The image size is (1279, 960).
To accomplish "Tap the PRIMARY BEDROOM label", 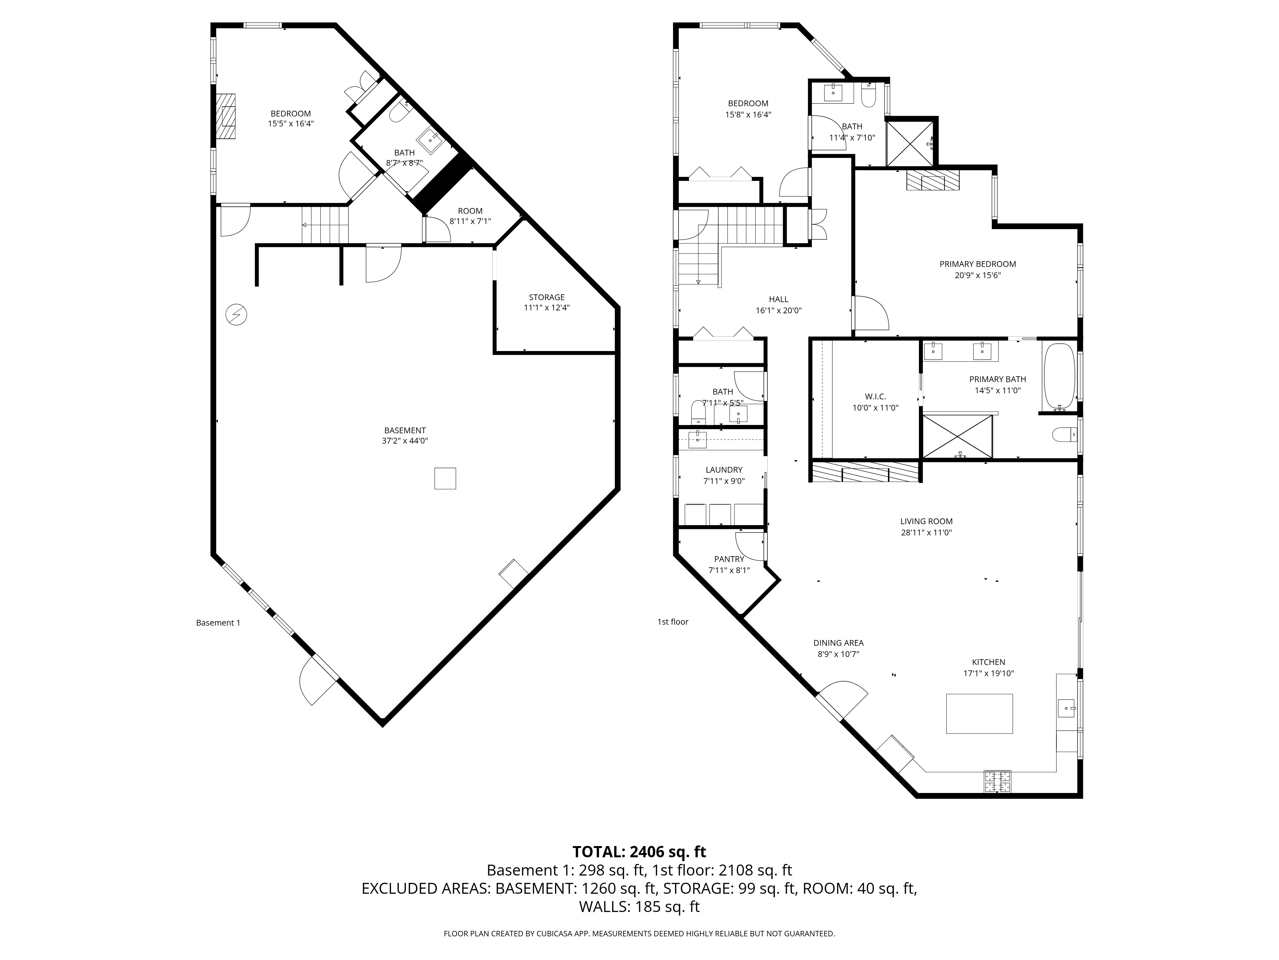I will pos(977,264).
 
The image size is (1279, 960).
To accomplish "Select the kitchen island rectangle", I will pos(979,714).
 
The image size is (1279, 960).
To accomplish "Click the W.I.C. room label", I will pos(875,396).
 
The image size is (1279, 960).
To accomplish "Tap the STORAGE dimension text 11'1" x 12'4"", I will pos(546,308).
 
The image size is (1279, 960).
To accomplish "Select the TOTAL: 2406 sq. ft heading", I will pos(639,852).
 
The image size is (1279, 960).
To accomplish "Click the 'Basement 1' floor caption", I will pos(218,623).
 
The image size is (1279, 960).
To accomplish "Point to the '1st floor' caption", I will pos(672,621).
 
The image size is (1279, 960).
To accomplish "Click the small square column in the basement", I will pos(445,478).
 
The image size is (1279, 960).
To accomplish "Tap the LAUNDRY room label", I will pos(723,470).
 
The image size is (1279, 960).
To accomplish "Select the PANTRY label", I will pos(728,559).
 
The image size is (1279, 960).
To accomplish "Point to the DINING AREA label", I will pos(838,643).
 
